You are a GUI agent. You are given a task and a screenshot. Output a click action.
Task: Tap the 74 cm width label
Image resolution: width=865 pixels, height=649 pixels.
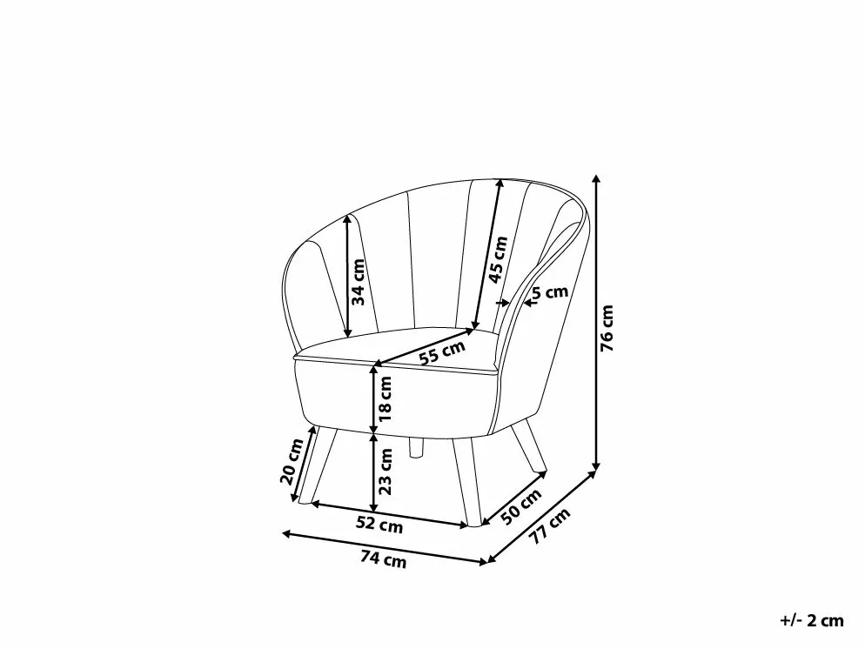[383, 559]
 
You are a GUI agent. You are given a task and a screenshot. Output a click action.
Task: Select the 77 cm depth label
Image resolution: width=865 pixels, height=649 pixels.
[551, 526]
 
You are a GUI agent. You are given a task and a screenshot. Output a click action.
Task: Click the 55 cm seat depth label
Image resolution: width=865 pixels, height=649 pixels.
[441, 351]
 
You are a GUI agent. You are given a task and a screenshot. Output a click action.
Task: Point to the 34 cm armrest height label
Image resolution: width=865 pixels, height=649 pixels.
[359, 282]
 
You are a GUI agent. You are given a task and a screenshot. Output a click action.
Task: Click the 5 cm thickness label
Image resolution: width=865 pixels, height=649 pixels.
[550, 292]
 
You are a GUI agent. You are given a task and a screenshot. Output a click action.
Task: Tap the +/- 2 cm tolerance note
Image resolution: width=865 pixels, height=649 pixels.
[811, 620]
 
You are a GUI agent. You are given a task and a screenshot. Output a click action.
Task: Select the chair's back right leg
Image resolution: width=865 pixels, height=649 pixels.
[529, 448]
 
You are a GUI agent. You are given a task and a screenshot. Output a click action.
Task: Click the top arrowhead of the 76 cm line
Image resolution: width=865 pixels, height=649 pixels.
[596, 178]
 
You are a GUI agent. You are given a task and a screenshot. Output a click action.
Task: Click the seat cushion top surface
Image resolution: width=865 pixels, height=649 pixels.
[409, 348]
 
